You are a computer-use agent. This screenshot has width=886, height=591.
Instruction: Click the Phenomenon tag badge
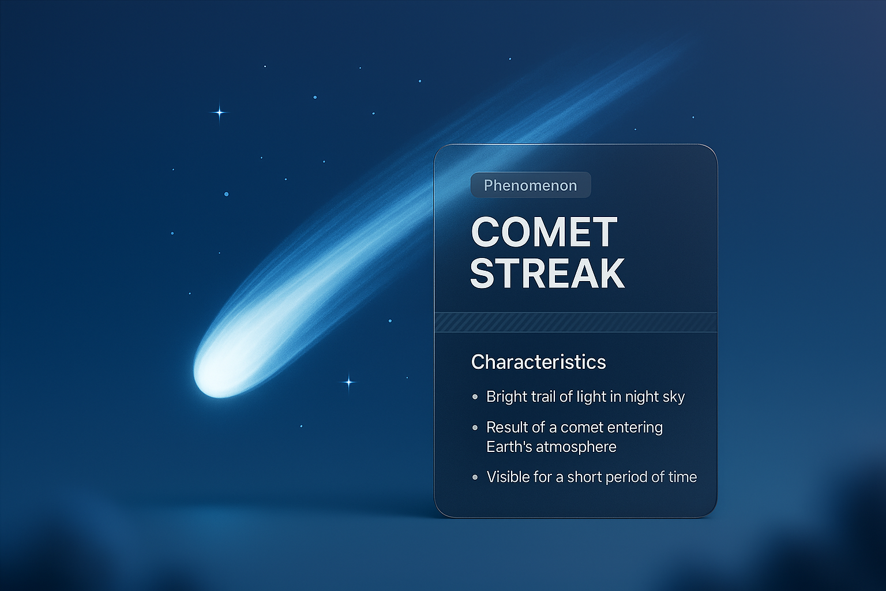point(531,185)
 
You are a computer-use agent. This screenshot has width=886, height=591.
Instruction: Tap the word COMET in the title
point(544,233)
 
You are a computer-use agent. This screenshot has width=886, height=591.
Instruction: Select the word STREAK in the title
point(547,273)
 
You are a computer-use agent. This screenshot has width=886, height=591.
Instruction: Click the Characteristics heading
point(538,362)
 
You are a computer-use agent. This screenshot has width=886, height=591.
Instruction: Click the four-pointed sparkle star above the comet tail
point(219,113)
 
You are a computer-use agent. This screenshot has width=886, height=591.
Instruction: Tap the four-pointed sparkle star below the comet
point(348,382)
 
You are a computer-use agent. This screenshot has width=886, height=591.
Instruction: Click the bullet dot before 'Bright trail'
point(475,397)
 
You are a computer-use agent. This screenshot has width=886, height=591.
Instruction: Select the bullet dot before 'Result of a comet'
point(475,428)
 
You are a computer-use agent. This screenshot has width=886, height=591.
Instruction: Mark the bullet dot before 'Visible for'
point(475,477)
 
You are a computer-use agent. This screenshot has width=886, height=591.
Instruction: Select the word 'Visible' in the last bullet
point(506,477)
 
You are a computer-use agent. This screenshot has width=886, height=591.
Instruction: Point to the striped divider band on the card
point(575,322)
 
